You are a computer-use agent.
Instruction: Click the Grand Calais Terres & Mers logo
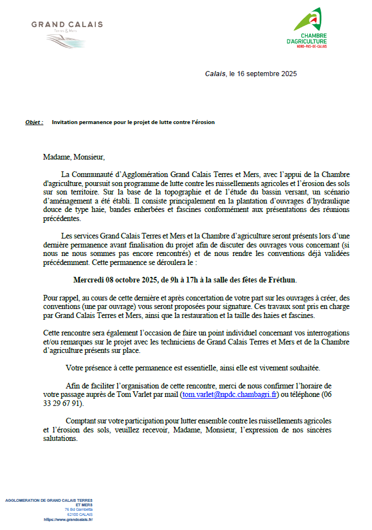(67, 33)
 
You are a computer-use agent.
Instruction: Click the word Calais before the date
(215, 74)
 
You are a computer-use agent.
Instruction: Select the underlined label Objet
(34, 122)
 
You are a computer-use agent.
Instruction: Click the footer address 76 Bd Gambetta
(78, 509)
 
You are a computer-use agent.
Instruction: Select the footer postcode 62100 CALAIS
(80, 514)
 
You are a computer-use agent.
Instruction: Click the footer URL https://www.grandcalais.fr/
(68, 519)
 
